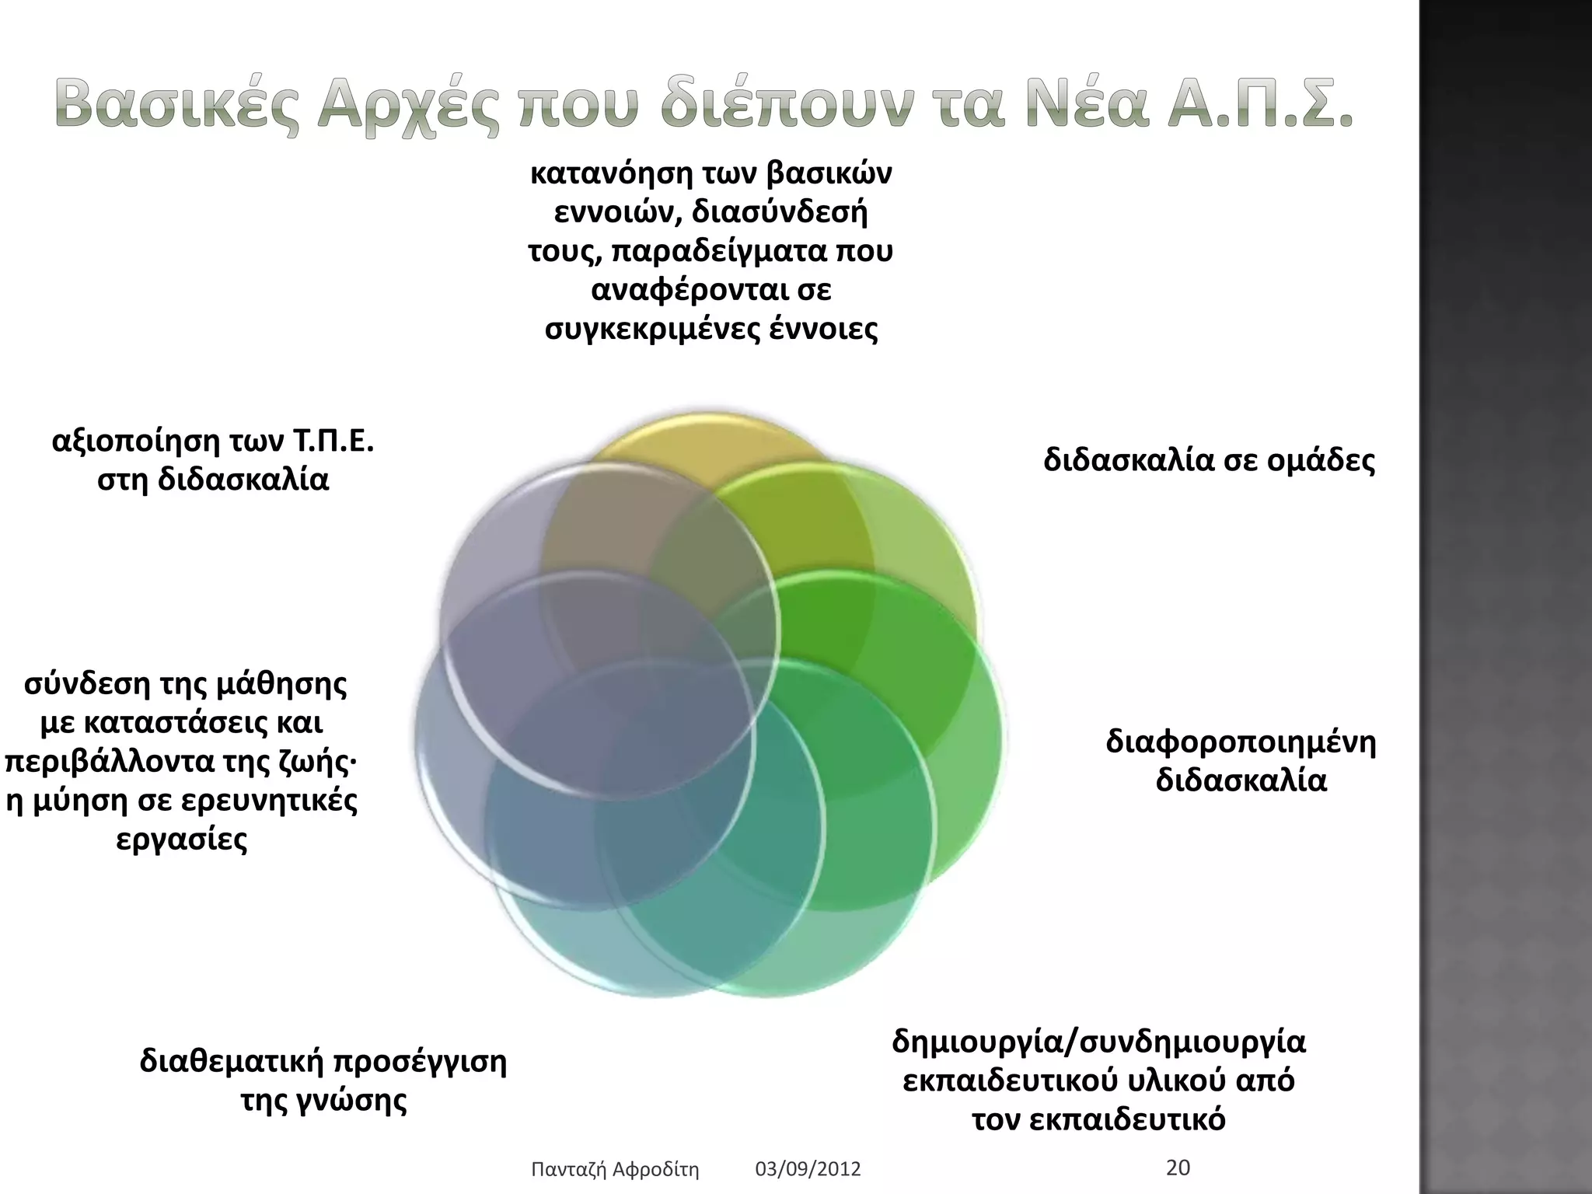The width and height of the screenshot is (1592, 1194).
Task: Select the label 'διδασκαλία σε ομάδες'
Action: pos(1209,460)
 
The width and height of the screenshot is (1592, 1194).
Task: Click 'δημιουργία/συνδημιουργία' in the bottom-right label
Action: pos(1098,1041)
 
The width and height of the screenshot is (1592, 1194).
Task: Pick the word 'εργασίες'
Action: pos(182,840)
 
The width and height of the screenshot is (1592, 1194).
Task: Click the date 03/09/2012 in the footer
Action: pos(808,1168)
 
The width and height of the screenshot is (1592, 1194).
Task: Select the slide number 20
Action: pos(1178,1167)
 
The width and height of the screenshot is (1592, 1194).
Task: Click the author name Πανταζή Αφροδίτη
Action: pos(614,1168)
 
